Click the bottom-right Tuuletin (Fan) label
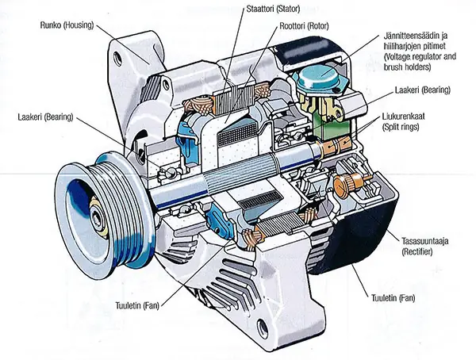(x=391, y=299)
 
